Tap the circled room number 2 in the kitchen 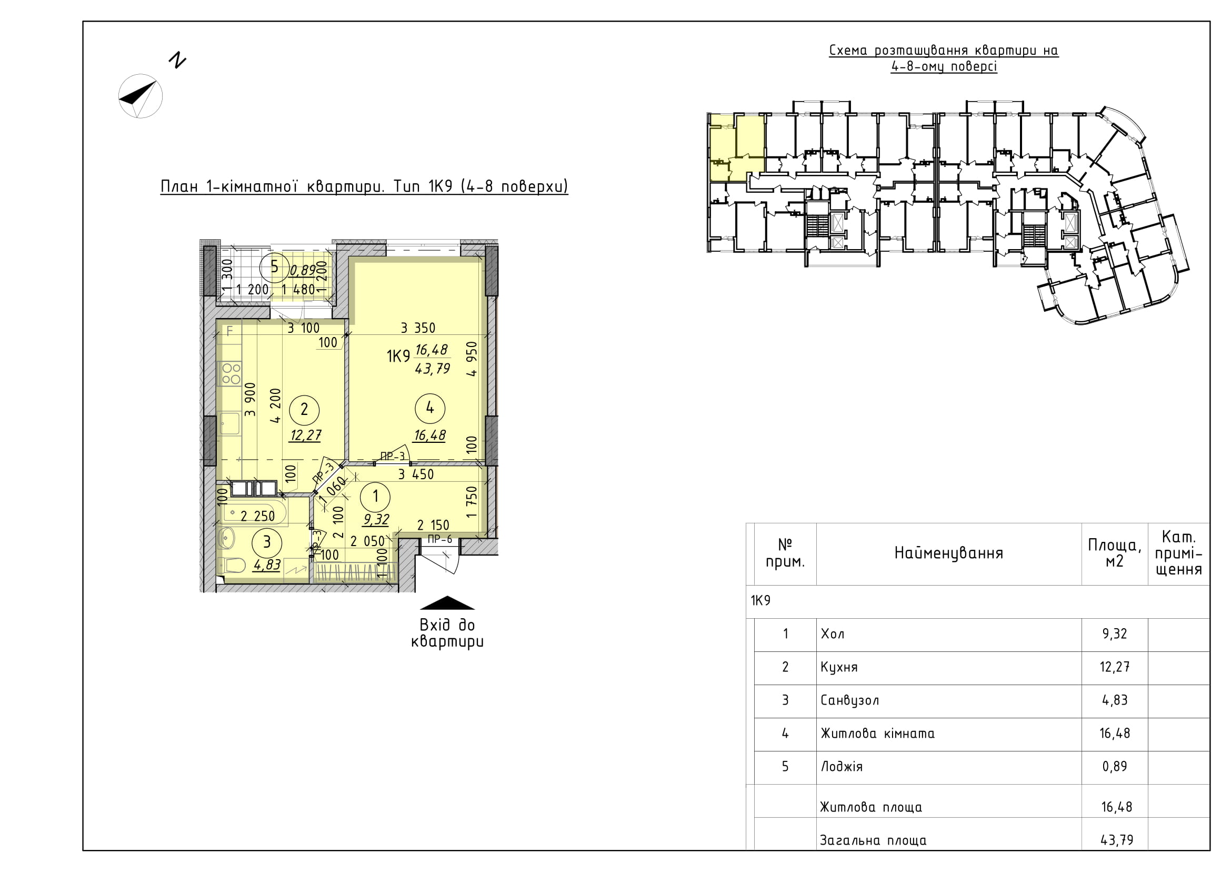click(x=305, y=410)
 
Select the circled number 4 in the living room click(x=430, y=409)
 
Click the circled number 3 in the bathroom click(x=267, y=542)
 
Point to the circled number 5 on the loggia click(x=275, y=267)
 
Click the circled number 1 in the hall click(x=375, y=496)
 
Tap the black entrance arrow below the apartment click(x=447, y=603)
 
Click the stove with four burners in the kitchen click(x=231, y=373)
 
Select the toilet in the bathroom click(x=232, y=565)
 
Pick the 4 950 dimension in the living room click(x=471, y=359)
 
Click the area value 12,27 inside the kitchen click(x=305, y=434)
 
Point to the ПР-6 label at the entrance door click(x=439, y=540)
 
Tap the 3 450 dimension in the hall click(x=416, y=474)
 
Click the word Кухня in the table click(x=839, y=668)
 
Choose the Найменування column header click(x=948, y=553)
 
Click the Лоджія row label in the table click(x=841, y=767)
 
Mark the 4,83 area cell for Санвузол click(x=1115, y=700)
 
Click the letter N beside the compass click(x=177, y=60)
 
